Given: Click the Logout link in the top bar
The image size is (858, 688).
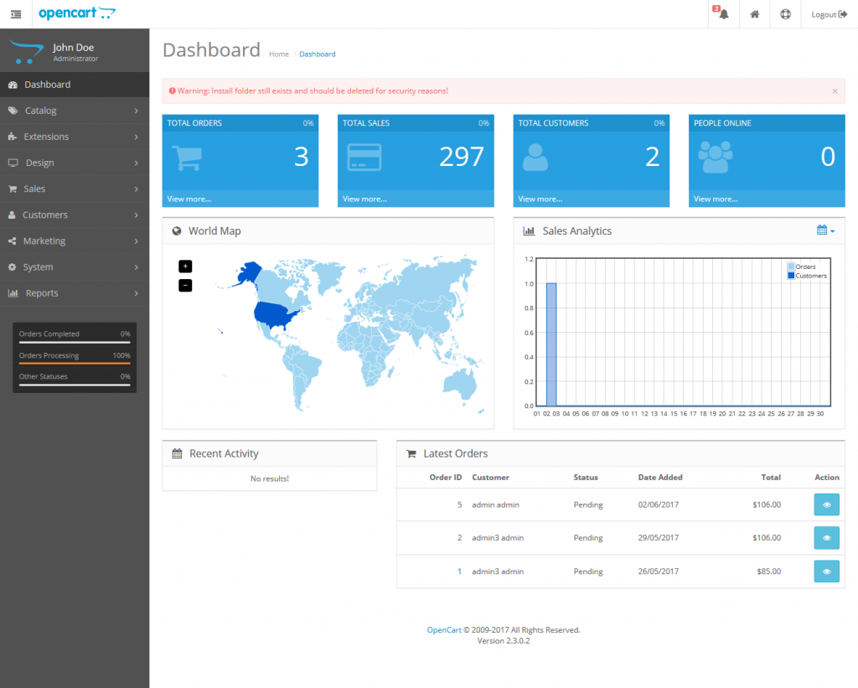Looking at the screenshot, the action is (x=829, y=14).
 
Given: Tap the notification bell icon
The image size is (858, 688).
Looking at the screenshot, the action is (x=723, y=14).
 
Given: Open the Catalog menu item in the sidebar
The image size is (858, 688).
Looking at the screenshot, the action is (x=40, y=111).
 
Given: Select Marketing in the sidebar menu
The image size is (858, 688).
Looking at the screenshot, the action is (x=44, y=241).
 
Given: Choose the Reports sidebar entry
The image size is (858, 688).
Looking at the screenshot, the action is (x=42, y=293).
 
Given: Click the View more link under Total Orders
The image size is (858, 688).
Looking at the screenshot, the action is (x=189, y=199).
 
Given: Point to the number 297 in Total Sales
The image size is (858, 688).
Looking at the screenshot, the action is (x=462, y=157).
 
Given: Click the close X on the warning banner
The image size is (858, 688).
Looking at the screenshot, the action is (x=835, y=91).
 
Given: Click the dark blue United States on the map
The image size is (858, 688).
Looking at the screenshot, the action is (x=274, y=315).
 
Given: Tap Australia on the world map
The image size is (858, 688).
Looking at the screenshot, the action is (x=460, y=382).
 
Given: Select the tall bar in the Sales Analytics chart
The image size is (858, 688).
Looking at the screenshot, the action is (x=551, y=344).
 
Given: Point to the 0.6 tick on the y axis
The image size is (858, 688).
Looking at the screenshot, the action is (x=529, y=333).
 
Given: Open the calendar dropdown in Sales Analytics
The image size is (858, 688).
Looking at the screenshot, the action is (x=825, y=230).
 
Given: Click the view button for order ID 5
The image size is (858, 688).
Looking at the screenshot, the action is (x=826, y=504).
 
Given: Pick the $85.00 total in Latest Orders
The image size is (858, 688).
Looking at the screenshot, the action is (x=769, y=572).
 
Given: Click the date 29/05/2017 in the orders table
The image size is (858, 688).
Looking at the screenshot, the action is (x=659, y=538).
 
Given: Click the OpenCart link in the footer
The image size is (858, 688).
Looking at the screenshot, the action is (x=444, y=630).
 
